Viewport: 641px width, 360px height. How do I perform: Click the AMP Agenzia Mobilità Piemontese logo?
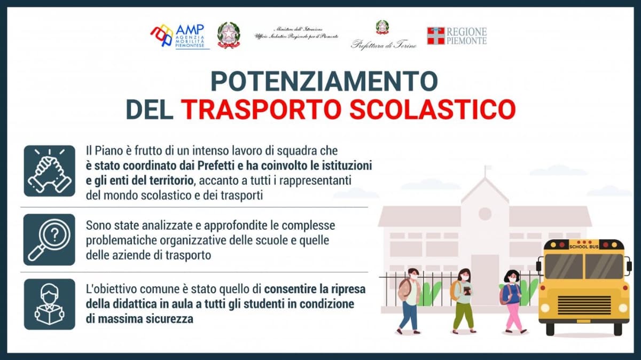179,36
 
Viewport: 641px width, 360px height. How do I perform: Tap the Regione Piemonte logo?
457,36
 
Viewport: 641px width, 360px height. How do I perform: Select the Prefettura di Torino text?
384,45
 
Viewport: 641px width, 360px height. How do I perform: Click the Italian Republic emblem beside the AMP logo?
229,35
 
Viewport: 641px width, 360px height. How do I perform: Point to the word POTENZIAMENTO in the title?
324,81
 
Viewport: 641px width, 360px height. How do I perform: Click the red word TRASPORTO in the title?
262,109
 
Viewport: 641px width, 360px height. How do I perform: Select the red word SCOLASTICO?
432,109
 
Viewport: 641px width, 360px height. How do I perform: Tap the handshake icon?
50,171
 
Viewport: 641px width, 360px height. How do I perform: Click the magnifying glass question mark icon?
50,239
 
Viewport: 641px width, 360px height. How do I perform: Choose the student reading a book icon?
50,304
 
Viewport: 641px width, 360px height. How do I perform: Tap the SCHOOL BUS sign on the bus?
583,247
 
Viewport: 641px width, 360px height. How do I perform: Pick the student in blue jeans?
410,301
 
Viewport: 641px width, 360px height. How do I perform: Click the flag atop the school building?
488,167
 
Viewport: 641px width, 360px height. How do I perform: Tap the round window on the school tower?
485,214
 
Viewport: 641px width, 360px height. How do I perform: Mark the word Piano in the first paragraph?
110,151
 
